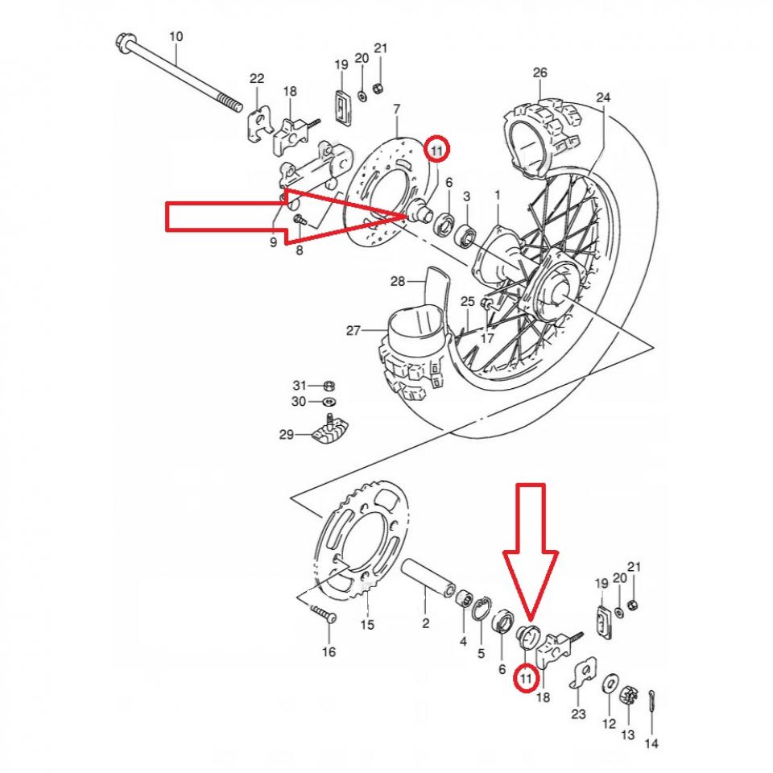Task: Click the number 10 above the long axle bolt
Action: (x=176, y=37)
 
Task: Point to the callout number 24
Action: (x=603, y=97)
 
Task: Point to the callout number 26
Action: (x=539, y=73)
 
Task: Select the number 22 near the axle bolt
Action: (x=257, y=79)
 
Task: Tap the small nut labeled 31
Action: (x=329, y=385)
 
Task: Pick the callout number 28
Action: (x=397, y=282)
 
